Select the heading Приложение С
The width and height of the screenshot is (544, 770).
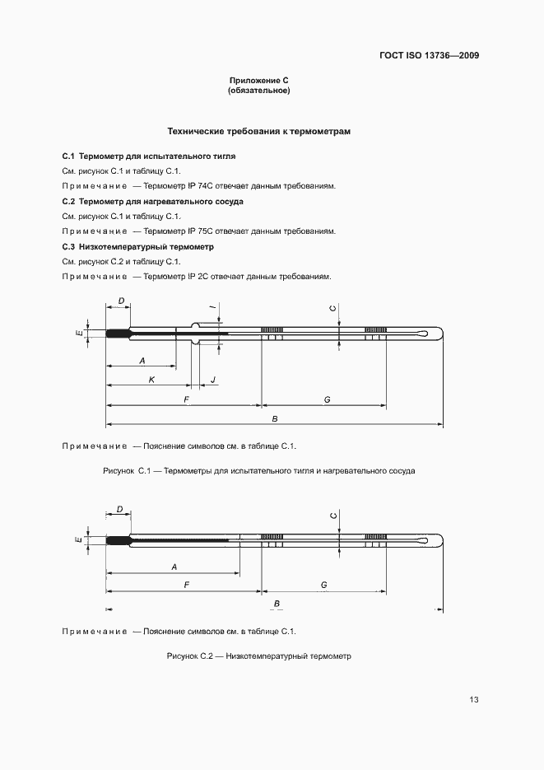click(x=258, y=81)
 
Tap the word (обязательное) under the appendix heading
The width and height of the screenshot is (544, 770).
click(x=258, y=91)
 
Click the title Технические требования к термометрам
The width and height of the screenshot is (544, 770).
click(x=260, y=132)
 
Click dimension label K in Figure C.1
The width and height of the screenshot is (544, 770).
click(x=151, y=379)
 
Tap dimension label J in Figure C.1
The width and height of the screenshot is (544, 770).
click(x=212, y=379)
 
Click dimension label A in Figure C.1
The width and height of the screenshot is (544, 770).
click(x=142, y=361)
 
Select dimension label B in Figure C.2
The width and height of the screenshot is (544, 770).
click(x=277, y=604)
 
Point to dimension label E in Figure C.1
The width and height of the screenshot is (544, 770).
click(x=78, y=334)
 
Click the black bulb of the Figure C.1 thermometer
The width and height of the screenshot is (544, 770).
click(x=119, y=334)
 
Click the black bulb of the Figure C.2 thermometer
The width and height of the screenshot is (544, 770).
click(x=119, y=540)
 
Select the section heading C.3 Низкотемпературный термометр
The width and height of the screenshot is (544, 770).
click(x=137, y=246)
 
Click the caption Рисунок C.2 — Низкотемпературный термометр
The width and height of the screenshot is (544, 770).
click(x=258, y=656)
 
